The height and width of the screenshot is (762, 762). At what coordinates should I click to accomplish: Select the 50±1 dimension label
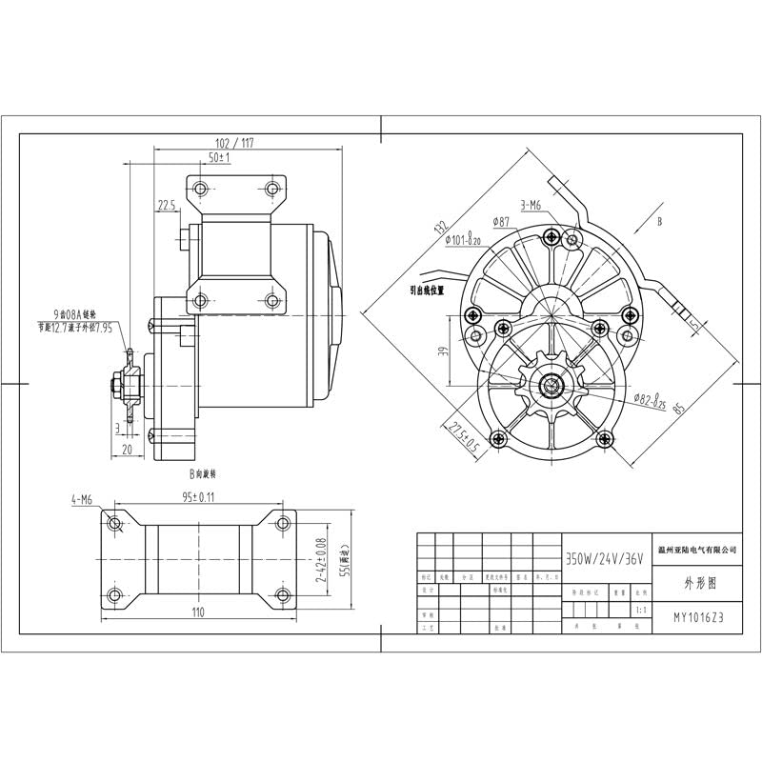[x=218, y=156]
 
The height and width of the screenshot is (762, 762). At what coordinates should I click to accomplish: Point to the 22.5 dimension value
[x=167, y=205]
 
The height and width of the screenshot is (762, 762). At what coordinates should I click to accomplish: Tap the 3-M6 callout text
[x=531, y=205]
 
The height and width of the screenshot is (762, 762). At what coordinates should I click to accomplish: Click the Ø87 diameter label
[x=502, y=222]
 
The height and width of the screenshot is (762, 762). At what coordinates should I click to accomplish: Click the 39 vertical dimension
[x=440, y=351]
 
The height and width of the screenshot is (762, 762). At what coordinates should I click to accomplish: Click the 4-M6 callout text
[x=81, y=498]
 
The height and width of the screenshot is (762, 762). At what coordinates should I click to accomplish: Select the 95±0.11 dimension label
[x=198, y=497]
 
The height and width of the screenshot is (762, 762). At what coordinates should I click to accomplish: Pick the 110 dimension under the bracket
[x=198, y=612]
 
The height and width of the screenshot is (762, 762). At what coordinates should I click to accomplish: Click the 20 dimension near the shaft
[x=128, y=450]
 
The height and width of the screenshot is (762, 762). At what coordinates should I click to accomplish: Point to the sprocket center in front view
[x=553, y=386]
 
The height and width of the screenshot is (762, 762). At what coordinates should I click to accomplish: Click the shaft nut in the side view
[x=114, y=386]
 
